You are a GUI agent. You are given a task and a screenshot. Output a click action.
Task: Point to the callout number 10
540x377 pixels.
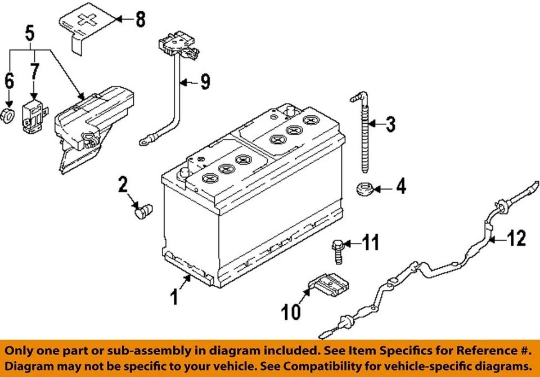coord(291,311)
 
